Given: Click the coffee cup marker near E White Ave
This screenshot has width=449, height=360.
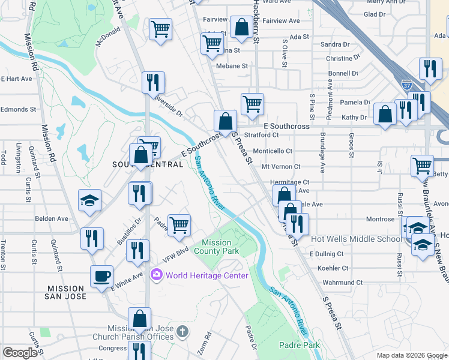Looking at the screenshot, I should coord(101,277).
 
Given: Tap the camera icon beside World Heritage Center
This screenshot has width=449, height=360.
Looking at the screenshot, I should coord(157,275).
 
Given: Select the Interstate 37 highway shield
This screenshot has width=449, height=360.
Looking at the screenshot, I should coord(407,85).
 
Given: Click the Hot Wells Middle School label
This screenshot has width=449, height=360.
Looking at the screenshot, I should coord(356,239).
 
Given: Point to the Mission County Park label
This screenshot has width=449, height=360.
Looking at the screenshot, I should coord(216,247).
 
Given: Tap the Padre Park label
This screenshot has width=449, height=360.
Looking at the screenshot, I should coord(300,345).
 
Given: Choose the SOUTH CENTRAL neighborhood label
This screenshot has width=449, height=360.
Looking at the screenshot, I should coord(148,164).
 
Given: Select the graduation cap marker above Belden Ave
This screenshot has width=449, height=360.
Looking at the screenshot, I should coord(90,200).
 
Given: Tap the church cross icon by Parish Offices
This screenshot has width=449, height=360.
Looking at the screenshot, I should coord(183,331).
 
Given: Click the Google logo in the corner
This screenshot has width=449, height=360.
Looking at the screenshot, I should coord(20,353).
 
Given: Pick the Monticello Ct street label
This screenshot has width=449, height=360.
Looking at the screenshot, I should coord(273,151).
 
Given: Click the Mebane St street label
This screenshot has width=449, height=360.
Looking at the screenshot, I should coord(232,66).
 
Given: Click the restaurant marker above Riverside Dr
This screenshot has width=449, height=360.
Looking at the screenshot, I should coord(153,82).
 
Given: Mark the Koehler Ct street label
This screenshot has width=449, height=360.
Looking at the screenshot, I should coord(333,268).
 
